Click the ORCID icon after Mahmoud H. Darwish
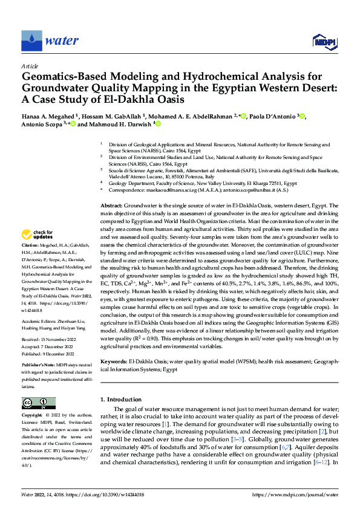159,125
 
